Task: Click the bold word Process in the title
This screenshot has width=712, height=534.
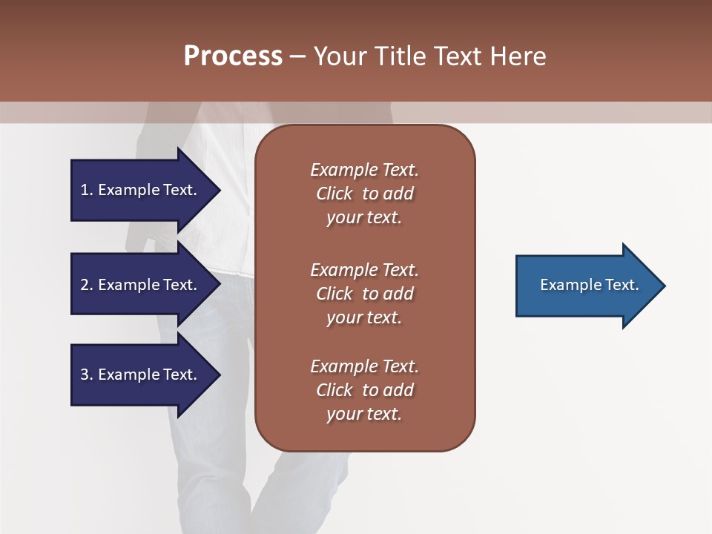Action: click(x=233, y=56)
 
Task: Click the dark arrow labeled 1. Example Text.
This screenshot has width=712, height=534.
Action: click(x=141, y=190)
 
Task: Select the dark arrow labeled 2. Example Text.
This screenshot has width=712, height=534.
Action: click(x=141, y=285)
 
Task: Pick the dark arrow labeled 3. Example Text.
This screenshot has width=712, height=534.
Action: click(x=141, y=375)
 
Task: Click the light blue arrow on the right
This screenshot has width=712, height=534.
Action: click(x=586, y=286)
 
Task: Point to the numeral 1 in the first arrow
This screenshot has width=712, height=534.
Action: click(x=85, y=190)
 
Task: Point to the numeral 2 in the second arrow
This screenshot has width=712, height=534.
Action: click(x=85, y=285)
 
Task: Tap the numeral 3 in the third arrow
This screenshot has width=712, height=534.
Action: click(x=85, y=375)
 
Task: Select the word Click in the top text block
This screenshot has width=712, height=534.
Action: click(x=334, y=194)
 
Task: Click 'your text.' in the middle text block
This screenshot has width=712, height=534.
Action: click(x=364, y=317)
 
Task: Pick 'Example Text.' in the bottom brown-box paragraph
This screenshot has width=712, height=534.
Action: click(x=364, y=366)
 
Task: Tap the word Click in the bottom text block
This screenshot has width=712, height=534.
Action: click(x=334, y=390)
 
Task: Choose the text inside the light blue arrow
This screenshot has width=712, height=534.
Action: click(x=589, y=285)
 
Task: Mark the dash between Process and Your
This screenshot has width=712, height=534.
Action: click(x=298, y=56)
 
